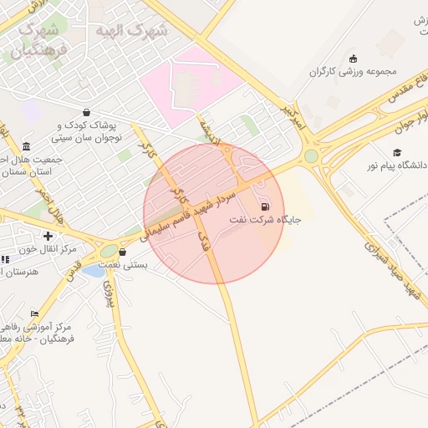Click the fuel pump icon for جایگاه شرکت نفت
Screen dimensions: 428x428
point(266,206)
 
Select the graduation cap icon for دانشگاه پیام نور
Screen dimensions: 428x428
point(397,152)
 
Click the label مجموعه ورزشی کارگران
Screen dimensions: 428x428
point(351,71)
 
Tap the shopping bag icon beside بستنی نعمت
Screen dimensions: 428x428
point(124,252)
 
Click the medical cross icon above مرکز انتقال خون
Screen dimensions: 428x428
point(48,237)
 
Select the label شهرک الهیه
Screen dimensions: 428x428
point(132,31)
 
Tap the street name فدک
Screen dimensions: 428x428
point(203,242)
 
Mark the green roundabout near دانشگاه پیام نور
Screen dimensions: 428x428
point(311,155)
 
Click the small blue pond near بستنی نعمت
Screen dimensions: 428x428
point(94,270)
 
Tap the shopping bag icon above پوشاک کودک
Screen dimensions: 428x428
point(86,112)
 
